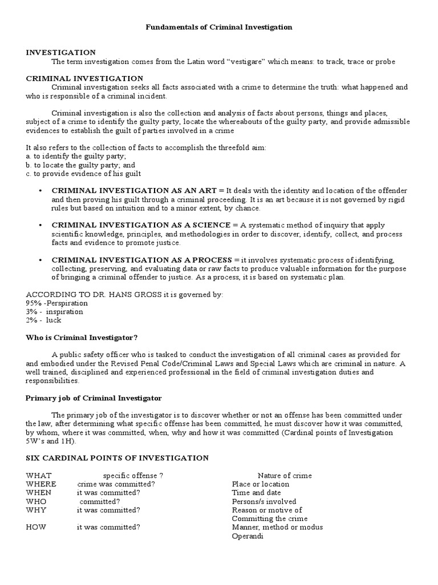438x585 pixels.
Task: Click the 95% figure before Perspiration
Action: click(33, 303)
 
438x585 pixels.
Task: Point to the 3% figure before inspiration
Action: click(31, 312)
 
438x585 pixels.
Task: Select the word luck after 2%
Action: click(54, 320)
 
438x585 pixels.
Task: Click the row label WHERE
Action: click(42, 484)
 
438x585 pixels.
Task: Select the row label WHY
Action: click(36, 510)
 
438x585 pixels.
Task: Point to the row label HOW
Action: click(36, 527)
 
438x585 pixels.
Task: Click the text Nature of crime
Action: click(285, 475)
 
